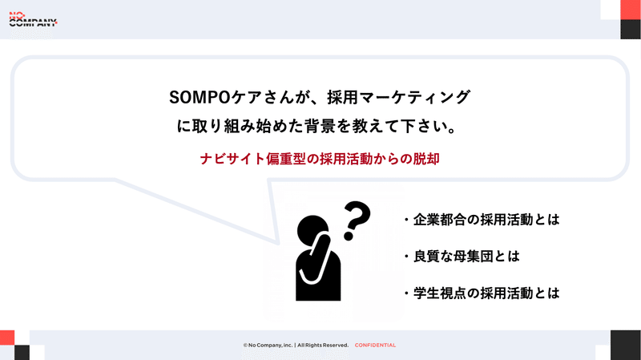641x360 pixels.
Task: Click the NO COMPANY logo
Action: pyautogui.click(x=33, y=19)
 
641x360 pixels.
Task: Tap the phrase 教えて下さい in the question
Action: pyautogui.click(x=413, y=127)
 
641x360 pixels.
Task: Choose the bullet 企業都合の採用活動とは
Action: pyautogui.click(x=481, y=220)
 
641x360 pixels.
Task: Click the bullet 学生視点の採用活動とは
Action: pyautogui.click(x=481, y=293)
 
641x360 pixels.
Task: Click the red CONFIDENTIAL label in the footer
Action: pyautogui.click(x=375, y=346)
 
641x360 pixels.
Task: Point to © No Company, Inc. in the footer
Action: pyautogui.click(x=268, y=346)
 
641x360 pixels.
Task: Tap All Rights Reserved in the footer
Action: pyautogui.click(x=322, y=346)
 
